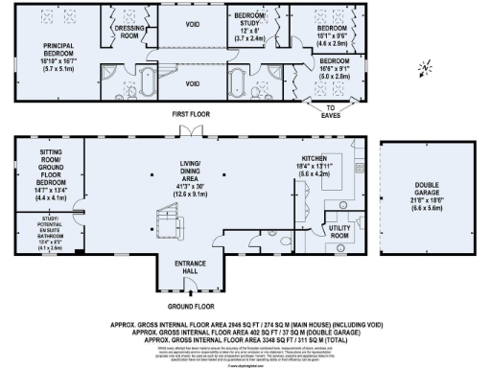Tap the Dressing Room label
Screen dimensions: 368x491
129,32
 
